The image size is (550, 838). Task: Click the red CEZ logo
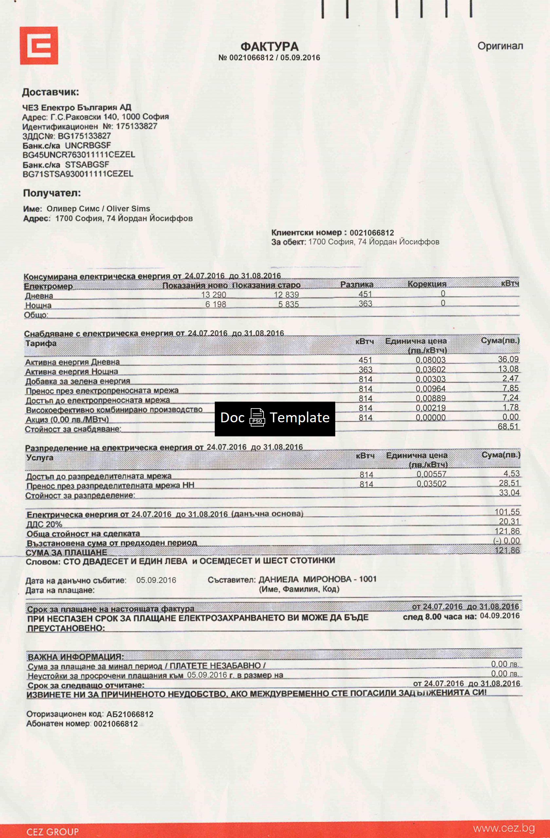(39, 46)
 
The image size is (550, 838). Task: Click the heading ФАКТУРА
(269, 46)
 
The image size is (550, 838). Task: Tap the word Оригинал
(500, 46)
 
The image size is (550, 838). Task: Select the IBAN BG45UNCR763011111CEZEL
(79, 155)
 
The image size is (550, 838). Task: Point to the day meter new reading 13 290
(213, 295)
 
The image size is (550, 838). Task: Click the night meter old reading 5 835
(288, 304)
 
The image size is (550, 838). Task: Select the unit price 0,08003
(431, 360)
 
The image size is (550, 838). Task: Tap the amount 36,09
(508, 359)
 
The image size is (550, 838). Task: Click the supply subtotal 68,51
(508, 427)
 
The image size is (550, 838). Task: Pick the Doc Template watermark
(275, 418)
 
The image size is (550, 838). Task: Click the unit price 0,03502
(431, 484)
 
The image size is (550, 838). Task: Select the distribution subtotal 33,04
(509, 493)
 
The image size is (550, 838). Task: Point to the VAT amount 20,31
(509, 521)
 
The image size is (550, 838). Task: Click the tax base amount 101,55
(507, 512)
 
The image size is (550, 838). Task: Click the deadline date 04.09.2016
(500, 616)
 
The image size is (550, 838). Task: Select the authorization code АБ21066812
(130, 714)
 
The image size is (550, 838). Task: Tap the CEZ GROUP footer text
(52, 832)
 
